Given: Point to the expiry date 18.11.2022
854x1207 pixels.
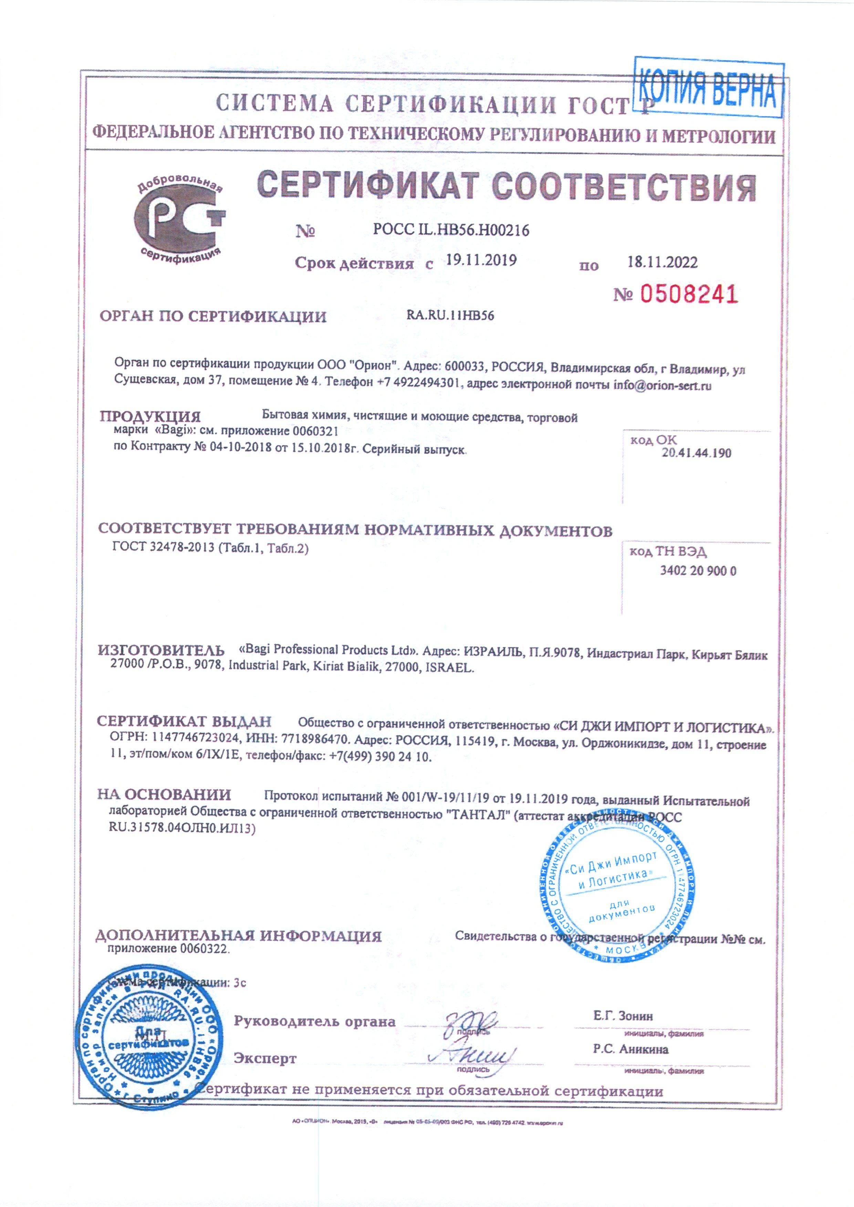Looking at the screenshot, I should click(663, 262).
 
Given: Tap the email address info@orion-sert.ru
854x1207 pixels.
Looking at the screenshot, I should click(663, 385).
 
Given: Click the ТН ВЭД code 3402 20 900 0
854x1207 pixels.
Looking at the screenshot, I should click(698, 571).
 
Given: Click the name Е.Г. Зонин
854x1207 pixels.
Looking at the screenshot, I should click(623, 1016).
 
